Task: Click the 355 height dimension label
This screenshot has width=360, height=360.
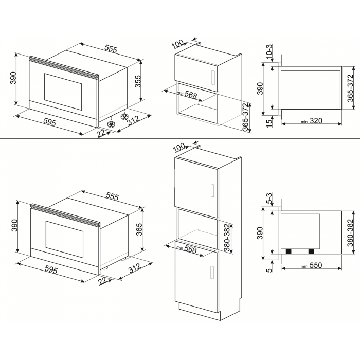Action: tap(138, 81)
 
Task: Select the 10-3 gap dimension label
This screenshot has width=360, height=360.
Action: tap(269, 50)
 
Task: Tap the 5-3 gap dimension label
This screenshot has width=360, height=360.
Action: tap(269, 199)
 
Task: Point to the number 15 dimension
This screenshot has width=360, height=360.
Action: tap(269, 122)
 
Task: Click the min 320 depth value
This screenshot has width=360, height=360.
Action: tap(312, 121)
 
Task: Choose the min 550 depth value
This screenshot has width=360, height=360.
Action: tap(311, 265)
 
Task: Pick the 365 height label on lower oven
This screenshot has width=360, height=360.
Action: tap(139, 229)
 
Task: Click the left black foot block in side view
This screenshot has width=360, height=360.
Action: tap(289, 251)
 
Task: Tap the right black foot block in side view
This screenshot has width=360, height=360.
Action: tap(311, 251)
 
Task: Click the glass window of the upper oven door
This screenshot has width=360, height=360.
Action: tap(63, 91)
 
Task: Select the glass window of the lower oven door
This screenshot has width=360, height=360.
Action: tap(64, 239)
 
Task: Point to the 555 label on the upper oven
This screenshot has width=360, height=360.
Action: tap(111, 49)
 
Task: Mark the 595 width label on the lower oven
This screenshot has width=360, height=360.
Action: tap(51, 270)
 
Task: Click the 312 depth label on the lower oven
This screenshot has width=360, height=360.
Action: tap(134, 268)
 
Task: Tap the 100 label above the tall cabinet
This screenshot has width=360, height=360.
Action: tap(179, 147)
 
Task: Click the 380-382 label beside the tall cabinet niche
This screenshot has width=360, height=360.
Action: tap(227, 238)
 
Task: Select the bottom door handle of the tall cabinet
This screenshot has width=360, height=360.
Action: tap(212, 273)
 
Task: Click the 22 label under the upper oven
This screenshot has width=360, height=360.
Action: tap(101, 133)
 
